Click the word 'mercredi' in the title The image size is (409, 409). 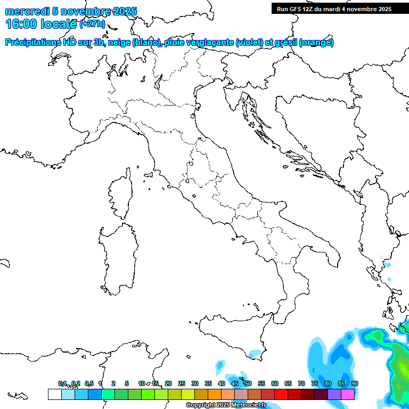click(x=24, y=12)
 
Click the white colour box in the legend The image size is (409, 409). click(x=54, y=394)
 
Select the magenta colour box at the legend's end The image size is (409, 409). click(x=348, y=394)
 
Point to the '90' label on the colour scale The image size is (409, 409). click(x=355, y=383)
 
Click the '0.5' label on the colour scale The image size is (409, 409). click(x=88, y=383)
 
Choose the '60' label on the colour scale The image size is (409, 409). click(x=275, y=383)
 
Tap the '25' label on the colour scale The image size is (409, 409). click(x=182, y=383)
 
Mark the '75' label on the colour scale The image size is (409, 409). click(x=315, y=383)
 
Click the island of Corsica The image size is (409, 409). click(x=120, y=194)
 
